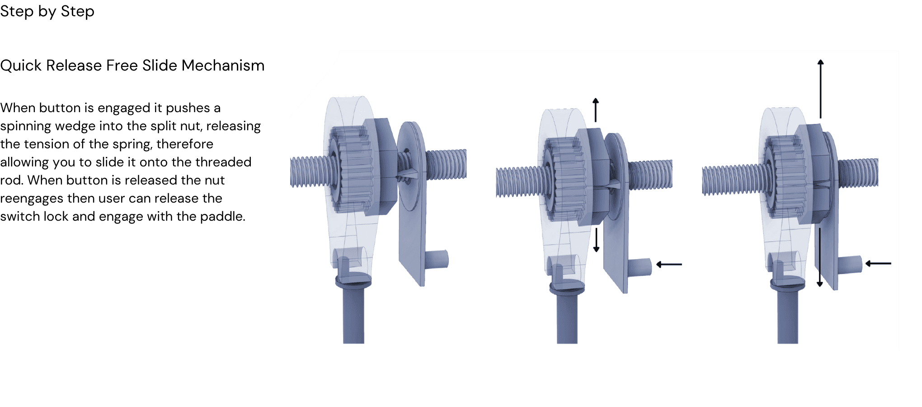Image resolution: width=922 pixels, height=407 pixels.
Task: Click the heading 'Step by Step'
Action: coord(47,11)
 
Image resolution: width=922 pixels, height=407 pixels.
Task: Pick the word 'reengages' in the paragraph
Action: coord(32,199)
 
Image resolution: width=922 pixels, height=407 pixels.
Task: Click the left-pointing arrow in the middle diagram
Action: coord(669,265)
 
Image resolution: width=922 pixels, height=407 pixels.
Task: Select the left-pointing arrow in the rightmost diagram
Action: coord(878,263)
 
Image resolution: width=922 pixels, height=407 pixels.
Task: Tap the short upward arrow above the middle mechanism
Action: coord(596,110)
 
